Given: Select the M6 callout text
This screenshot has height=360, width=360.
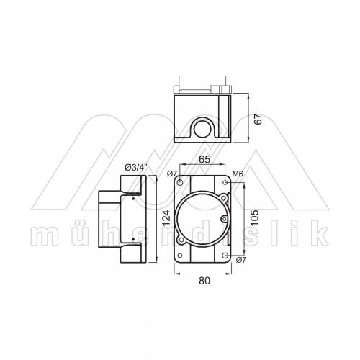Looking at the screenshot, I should (236, 174).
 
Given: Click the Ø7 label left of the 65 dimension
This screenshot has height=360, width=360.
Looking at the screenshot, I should (171, 174).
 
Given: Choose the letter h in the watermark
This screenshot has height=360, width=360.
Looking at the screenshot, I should (102, 232).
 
